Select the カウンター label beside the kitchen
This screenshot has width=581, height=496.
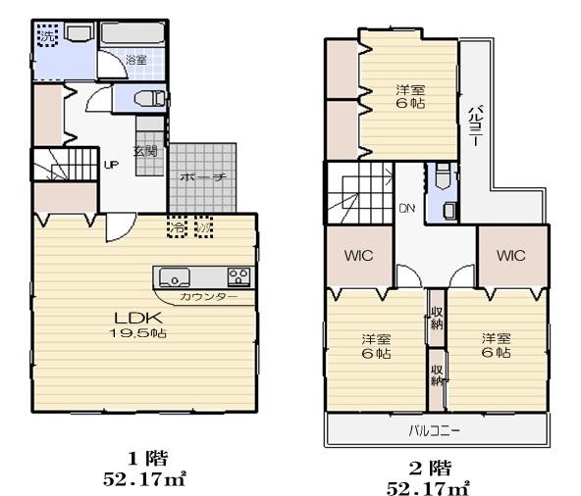click(x=208, y=296)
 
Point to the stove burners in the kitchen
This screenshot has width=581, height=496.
click(x=239, y=274)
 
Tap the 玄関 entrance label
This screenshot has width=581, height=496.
click(x=145, y=151)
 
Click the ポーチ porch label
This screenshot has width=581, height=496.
click(x=204, y=177)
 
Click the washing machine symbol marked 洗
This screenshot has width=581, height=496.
click(x=46, y=36)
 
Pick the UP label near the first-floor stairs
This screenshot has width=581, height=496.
click(x=111, y=165)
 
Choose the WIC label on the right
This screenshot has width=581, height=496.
click(x=510, y=256)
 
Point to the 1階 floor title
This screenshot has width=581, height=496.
click(x=148, y=458)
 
